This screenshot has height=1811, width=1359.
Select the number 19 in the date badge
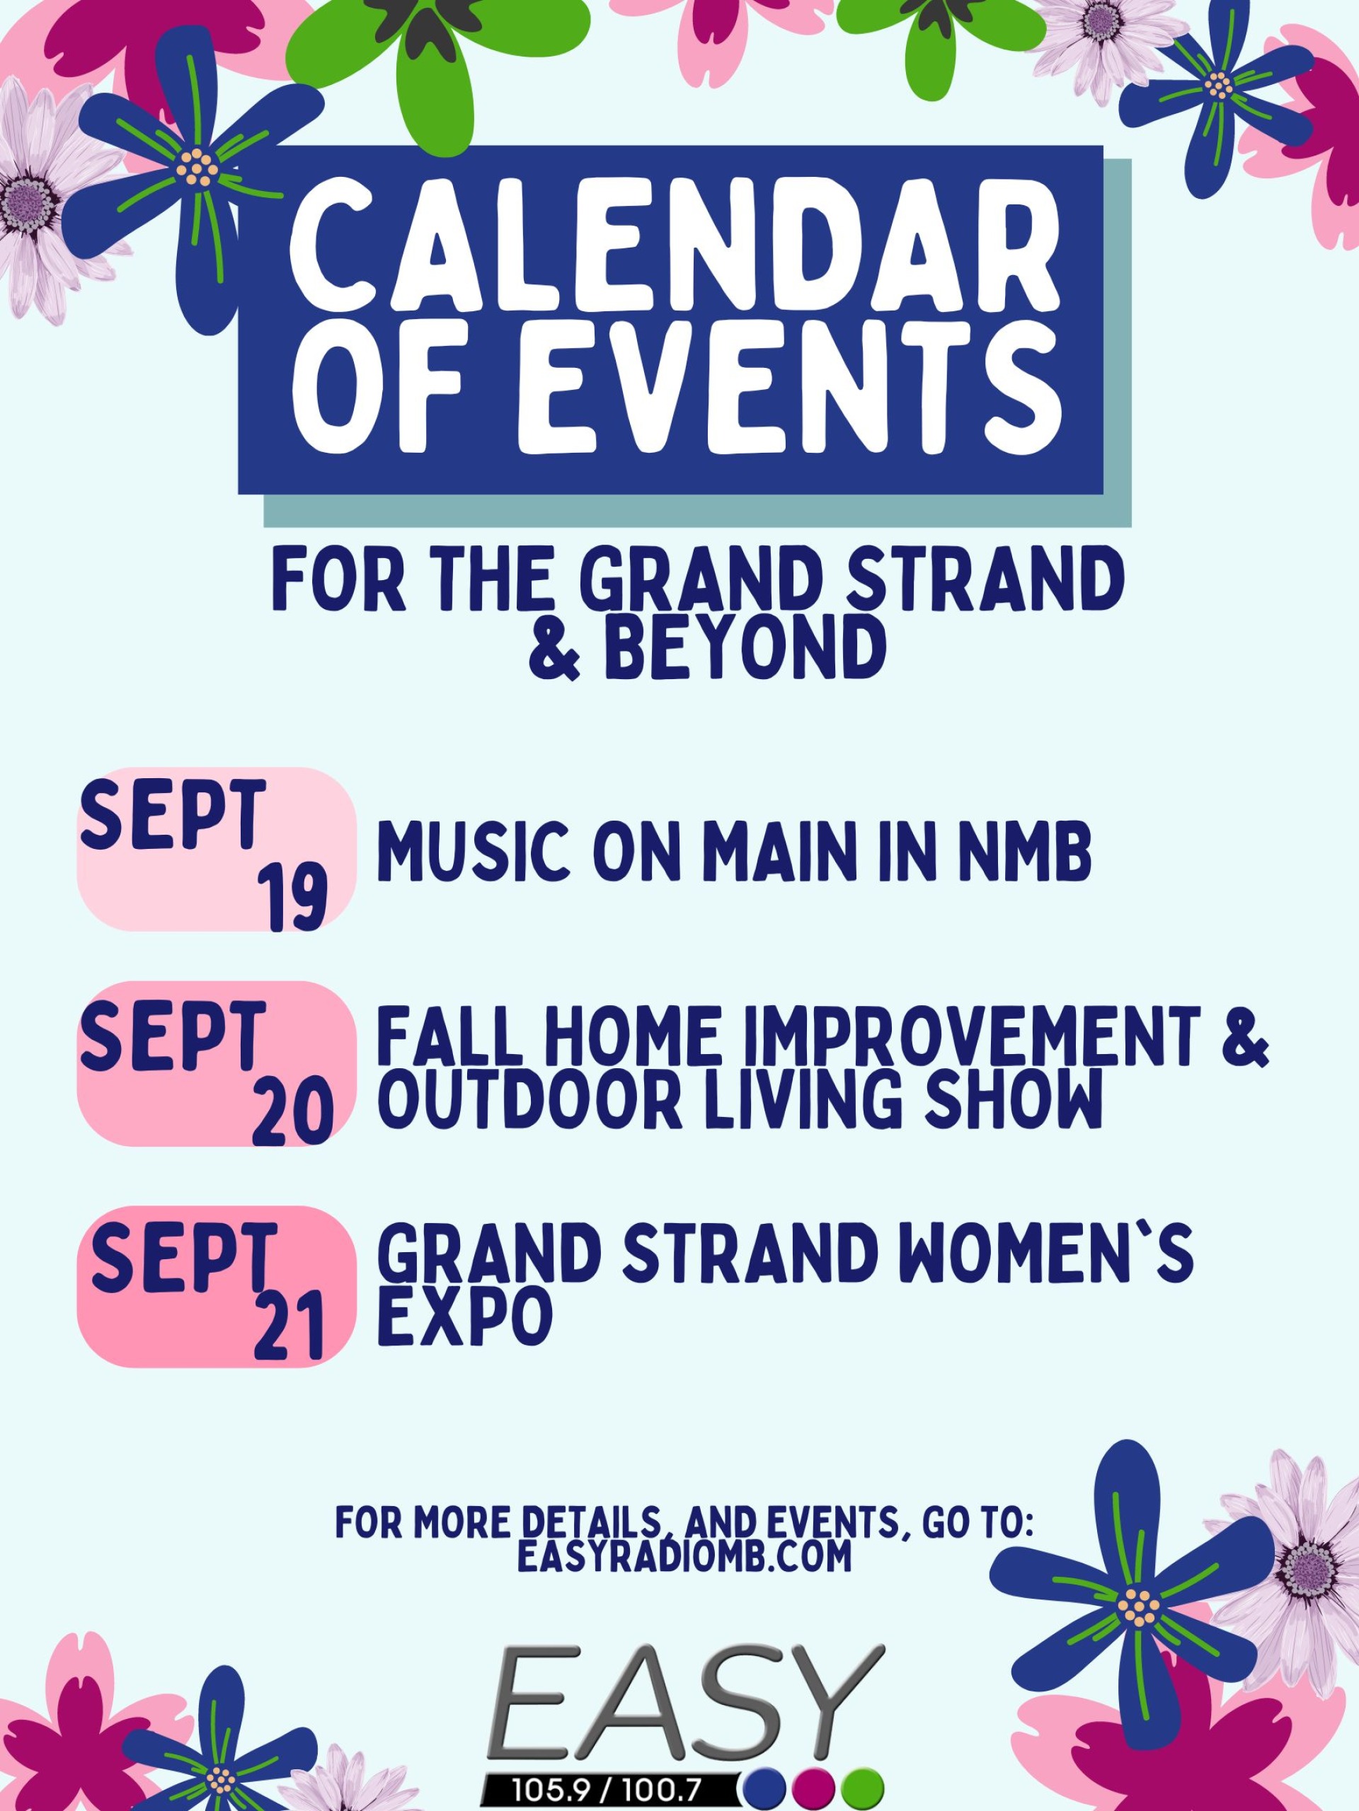(x=292, y=899)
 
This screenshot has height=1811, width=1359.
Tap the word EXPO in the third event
(x=465, y=1316)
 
